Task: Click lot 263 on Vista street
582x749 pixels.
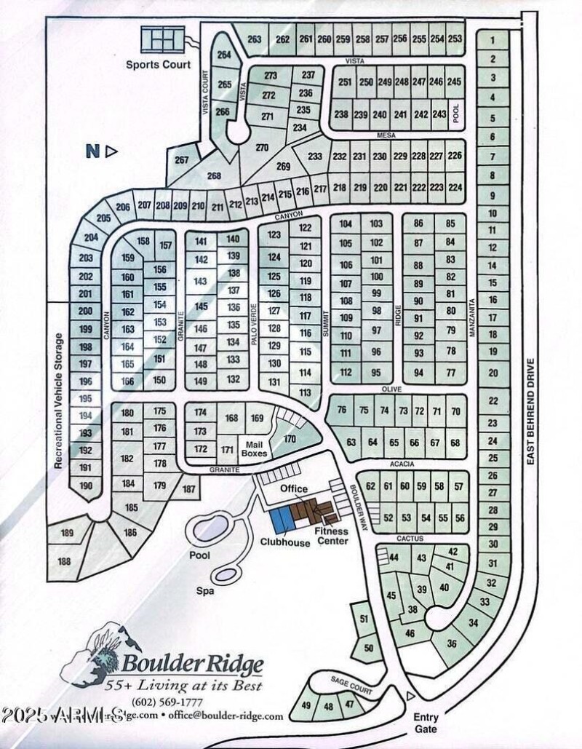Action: coord(254,39)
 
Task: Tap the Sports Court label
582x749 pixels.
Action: coord(159,65)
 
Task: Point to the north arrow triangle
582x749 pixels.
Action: coord(112,151)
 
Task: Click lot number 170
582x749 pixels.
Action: coord(290,438)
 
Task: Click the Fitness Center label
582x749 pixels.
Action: coord(331,536)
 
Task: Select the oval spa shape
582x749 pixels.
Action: coord(226,574)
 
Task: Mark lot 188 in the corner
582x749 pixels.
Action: coord(64,561)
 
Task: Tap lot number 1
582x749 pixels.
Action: coord(493,41)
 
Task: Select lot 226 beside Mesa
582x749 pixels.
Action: coord(455,156)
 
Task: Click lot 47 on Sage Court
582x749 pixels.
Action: coord(350,704)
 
